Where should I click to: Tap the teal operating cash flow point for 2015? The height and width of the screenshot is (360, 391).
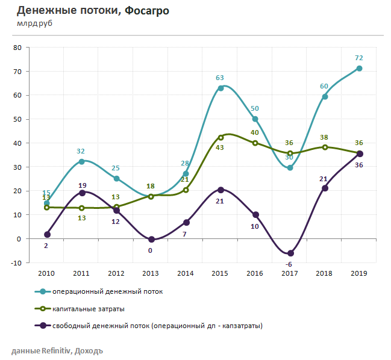tap(221, 88)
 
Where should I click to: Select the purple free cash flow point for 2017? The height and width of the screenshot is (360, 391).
tap(290, 253)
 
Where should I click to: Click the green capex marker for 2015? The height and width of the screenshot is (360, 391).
tap(221, 137)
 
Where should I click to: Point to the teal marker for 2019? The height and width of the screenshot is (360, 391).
tap(360, 69)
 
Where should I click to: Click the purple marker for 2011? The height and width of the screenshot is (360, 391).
tap(82, 193)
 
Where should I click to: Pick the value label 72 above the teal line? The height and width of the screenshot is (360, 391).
tap(359, 58)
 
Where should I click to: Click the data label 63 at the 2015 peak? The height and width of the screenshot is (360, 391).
tap(220, 78)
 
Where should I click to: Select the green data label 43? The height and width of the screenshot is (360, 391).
tap(219, 147)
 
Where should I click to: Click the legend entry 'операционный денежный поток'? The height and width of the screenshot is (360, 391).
tap(107, 291)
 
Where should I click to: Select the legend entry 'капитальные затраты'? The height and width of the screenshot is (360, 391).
tap(89, 309)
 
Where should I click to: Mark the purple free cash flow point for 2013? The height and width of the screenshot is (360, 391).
tap(151, 239)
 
